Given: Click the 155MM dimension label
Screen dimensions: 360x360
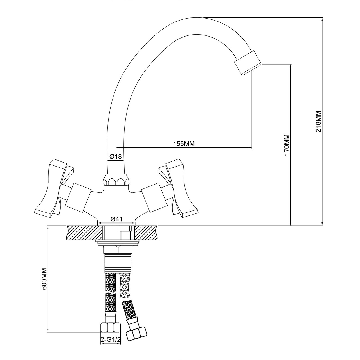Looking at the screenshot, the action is click(184, 144).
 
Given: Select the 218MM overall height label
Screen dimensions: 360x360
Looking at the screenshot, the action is click(318, 121).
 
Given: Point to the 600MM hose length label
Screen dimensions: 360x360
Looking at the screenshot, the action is click(44, 279).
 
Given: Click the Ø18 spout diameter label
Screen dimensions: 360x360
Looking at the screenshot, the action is click(116, 156).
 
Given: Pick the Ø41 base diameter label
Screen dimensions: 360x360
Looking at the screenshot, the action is click(116, 219).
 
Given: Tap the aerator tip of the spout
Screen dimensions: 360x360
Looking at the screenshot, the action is click(247, 63).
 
